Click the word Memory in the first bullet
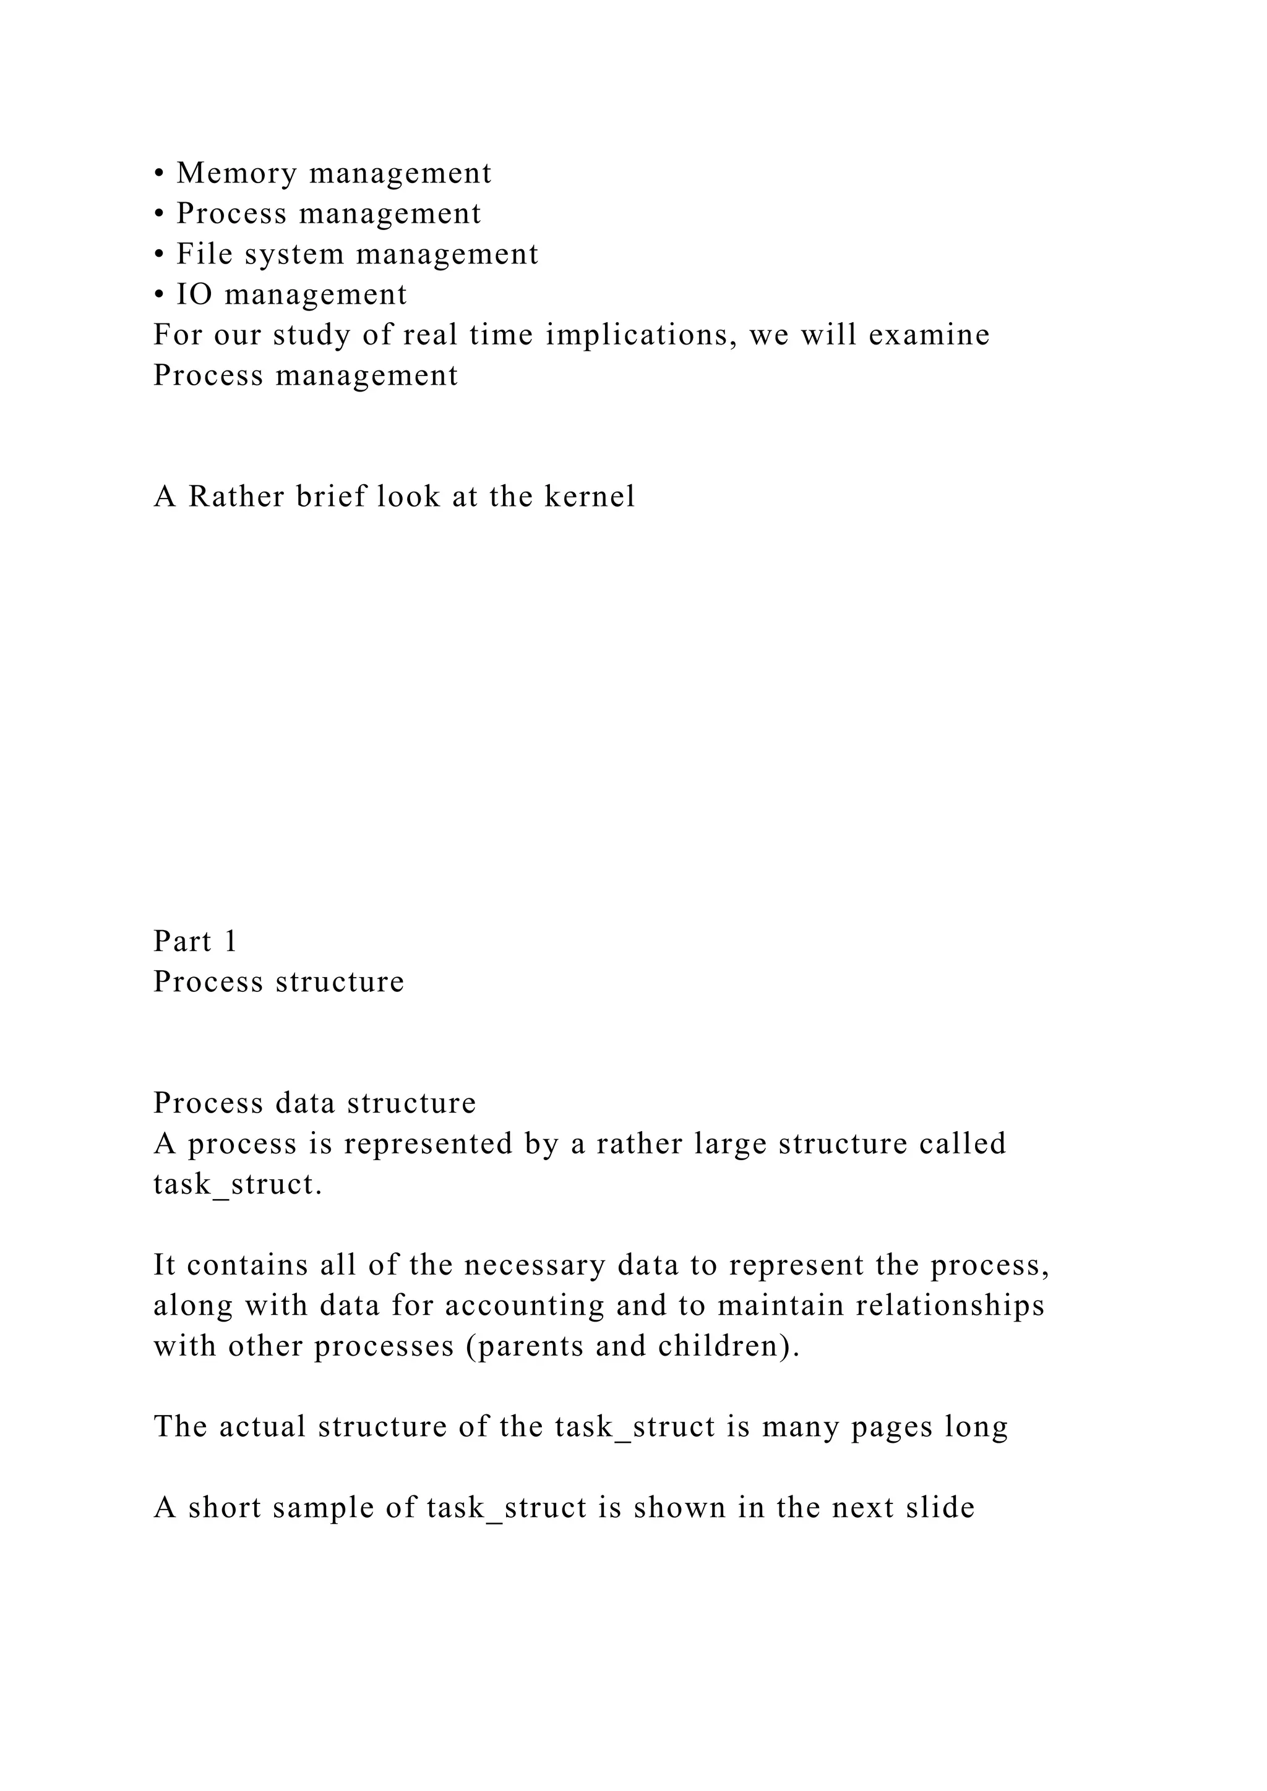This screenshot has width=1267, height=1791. click(x=236, y=173)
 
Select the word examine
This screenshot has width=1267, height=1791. click(x=929, y=335)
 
